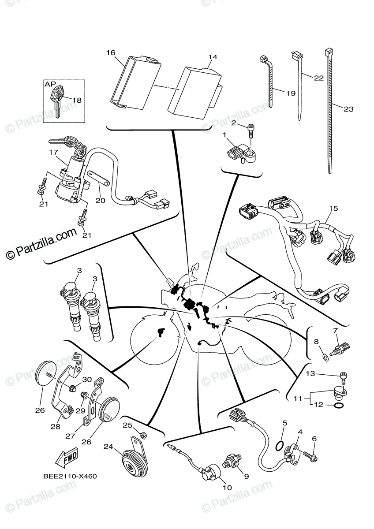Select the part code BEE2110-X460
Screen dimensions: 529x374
point(70,477)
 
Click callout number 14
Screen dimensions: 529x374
point(213,57)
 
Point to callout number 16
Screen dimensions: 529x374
point(110,53)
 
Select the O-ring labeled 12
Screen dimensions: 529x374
point(339,406)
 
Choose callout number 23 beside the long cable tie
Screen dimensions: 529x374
point(348,109)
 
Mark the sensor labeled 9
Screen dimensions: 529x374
point(230,461)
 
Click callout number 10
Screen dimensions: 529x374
point(227,488)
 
